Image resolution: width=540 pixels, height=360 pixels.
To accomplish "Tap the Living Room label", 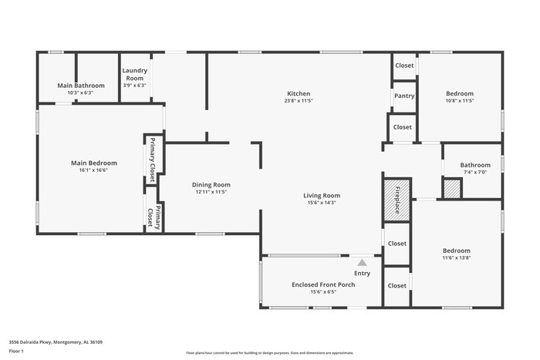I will tap(321, 196).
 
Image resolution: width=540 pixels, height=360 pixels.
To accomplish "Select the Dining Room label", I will tap(211, 184).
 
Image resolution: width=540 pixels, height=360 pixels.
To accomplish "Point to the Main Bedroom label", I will tap(94, 163).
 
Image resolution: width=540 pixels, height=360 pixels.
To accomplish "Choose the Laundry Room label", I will tap(134, 74).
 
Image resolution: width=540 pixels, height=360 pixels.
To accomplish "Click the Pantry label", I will tap(403, 96).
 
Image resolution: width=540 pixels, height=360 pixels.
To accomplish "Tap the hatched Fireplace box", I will tap(397, 200).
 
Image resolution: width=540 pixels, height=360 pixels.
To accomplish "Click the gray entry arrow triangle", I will tap(362, 263).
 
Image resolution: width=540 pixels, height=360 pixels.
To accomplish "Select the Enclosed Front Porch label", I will tap(323, 284).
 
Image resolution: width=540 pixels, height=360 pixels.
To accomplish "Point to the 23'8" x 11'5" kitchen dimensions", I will tap(299, 101).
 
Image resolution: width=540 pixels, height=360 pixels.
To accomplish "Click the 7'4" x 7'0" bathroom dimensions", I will tap(475, 173).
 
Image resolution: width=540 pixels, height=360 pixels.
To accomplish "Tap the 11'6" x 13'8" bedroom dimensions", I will tap(456, 258).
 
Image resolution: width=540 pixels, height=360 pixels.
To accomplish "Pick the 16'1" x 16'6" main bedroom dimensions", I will tap(94, 171).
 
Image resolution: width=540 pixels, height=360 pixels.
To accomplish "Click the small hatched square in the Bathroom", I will tap(452, 189).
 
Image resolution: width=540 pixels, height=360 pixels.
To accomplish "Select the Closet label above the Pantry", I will tap(404, 66).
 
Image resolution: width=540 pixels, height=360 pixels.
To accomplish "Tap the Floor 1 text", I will tap(17, 352).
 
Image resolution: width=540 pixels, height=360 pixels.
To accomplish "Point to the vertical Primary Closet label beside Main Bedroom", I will tap(152, 160).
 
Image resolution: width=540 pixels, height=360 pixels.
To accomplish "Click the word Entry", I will tap(362, 273).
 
